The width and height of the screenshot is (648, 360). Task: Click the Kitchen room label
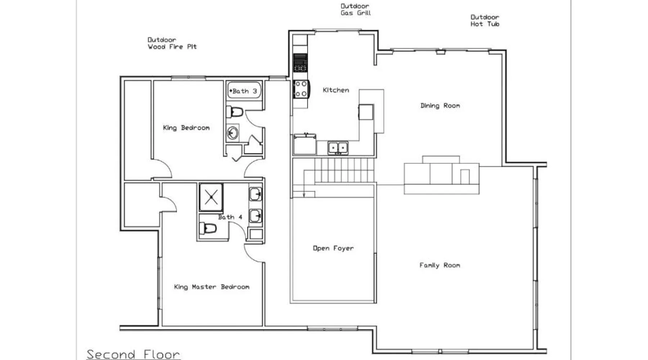pos(336,90)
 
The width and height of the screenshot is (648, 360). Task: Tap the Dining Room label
pos(440,105)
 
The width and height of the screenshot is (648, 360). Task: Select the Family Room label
pos(440,265)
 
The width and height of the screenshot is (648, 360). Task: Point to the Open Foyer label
pos(333,248)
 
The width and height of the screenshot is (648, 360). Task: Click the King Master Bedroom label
pos(212,287)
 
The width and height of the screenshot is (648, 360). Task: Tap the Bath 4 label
pos(230,217)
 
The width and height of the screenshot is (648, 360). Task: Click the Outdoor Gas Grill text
pos(356,9)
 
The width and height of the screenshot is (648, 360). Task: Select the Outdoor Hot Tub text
pos(485,21)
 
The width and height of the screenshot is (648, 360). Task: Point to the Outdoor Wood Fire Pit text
pos(172,43)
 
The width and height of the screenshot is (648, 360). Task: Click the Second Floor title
pos(133,354)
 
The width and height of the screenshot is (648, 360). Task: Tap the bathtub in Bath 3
pos(244,91)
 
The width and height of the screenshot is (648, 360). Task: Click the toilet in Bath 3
pos(234,112)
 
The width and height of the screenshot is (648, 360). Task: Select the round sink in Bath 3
pos(233,133)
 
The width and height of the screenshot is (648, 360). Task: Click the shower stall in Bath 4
pos(211,197)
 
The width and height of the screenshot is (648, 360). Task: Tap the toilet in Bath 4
pos(208,228)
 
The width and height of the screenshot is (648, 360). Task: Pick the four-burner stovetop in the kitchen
pos(301,89)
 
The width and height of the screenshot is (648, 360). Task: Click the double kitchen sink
pos(338,148)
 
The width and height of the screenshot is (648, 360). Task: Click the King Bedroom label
pos(186,128)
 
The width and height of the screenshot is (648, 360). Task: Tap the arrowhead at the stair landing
pos(304,195)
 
